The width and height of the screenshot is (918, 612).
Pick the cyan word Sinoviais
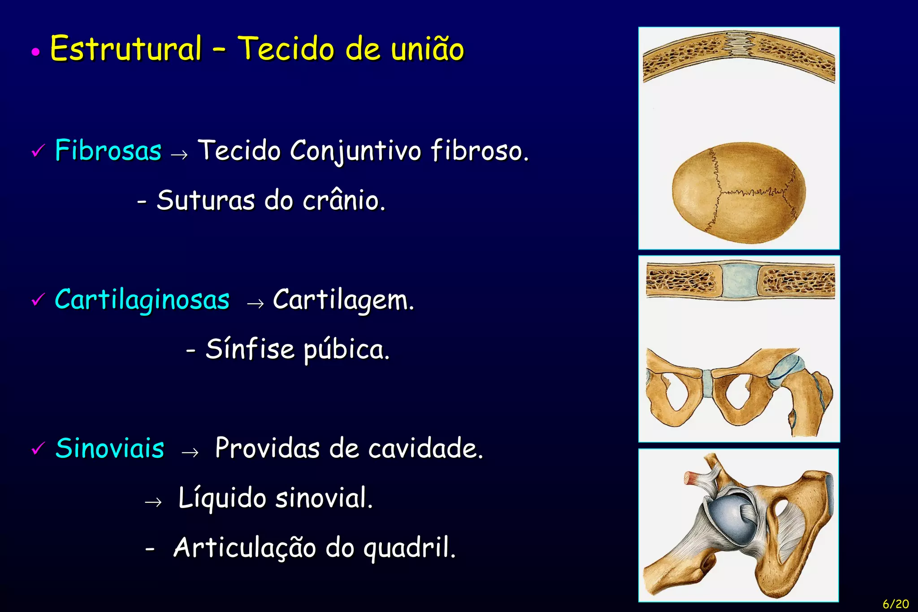pos(110,448)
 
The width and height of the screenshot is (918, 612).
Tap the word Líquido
pos(222,498)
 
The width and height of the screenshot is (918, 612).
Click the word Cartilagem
pos(343,300)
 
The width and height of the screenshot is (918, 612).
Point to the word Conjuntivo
pos(355,151)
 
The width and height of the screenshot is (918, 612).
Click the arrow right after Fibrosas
pos(179,155)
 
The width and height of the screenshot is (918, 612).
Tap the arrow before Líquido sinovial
pos(153,502)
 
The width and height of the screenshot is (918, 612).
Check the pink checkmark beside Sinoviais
pos(38,448)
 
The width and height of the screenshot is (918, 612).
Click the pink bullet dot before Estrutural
pos(36,52)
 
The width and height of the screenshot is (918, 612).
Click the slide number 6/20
pos(896,604)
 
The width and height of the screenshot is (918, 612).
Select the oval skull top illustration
pos(739,193)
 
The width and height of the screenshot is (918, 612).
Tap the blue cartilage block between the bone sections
pos(739,281)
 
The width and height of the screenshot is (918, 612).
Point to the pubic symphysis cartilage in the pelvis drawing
pos(707,383)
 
